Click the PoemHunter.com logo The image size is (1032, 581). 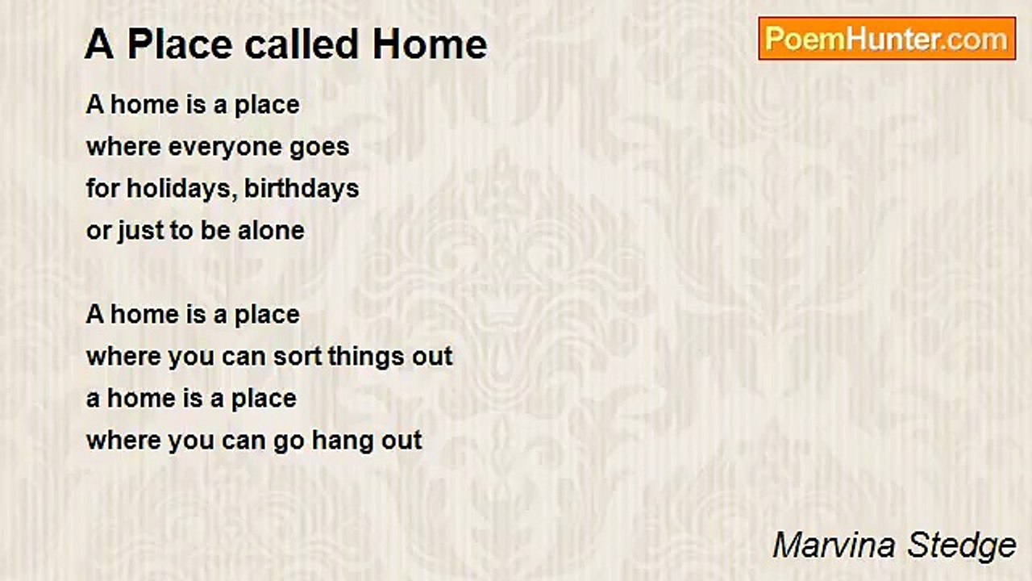[x=887, y=39]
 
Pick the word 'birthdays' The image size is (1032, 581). [x=302, y=189]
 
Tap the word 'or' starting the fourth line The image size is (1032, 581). [x=98, y=231]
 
